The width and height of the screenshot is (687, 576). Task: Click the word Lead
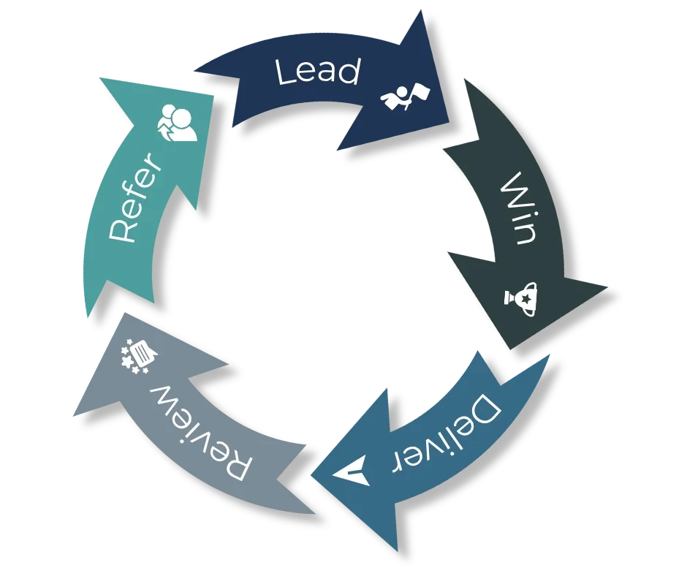[x=317, y=72]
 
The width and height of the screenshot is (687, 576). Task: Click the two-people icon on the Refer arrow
[x=178, y=122]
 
